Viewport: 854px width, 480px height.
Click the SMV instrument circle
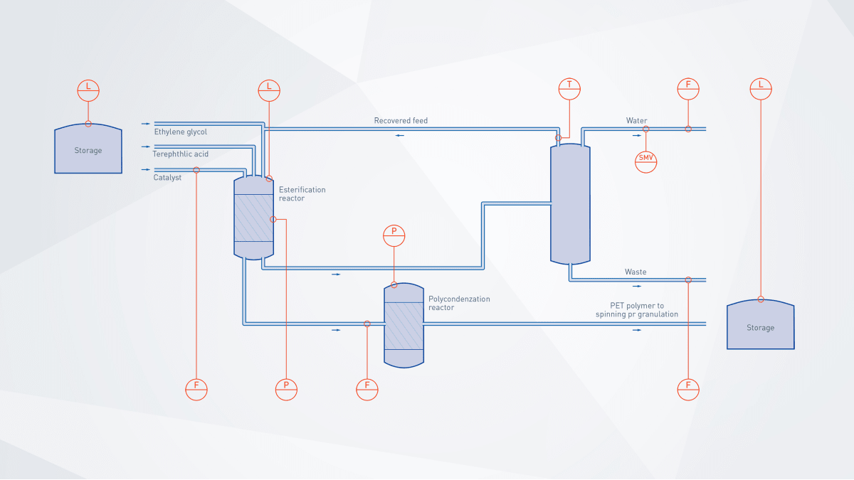[x=646, y=161]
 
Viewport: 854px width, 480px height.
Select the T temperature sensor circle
[x=569, y=87]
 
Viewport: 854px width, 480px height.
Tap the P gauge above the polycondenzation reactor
[x=394, y=235]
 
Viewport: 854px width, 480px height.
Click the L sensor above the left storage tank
[x=88, y=90]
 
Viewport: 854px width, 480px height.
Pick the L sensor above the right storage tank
[x=761, y=87]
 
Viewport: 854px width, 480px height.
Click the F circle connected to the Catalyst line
[x=196, y=389]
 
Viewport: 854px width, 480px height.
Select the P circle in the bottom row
[x=286, y=389]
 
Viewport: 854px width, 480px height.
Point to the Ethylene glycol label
[x=181, y=132]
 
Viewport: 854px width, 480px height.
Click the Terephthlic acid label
[x=181, y=154]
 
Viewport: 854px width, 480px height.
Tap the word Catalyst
[x=167, y=178]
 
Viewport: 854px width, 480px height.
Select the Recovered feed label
[x=401, y=121]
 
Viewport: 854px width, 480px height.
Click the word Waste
[x=636, y=272]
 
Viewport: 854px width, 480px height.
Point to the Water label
[x=636, y=121]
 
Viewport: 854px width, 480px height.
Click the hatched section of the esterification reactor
[x=254, y=218]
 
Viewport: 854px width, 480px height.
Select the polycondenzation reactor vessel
[x=404, y=325]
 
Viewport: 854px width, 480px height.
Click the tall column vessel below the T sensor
[x=570, y=203]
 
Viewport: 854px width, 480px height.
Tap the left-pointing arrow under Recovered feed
[x=401, y=134]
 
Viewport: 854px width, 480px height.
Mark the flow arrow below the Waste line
[x=636, y=286]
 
